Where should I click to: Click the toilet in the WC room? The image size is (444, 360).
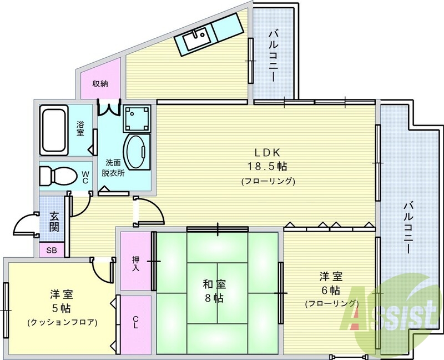tap(58, 176)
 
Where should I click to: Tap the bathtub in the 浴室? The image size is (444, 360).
tap(54, 130)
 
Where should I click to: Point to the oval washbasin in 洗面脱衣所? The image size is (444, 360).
tap(137, 152)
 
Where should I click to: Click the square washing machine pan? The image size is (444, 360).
tap(137, 118)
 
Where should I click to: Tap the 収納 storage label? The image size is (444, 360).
tap(100, 84)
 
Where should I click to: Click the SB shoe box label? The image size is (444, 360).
tap(52, 251)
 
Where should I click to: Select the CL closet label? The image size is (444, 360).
tap(135, 322)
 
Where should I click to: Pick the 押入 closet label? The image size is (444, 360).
tap(135, 264)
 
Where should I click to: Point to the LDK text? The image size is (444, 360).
tap(268, 153)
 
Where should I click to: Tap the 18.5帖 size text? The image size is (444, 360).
tap(268, 167)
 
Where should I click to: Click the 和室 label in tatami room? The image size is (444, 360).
tap(214, 284)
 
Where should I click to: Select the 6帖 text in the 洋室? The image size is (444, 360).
tap(331, 290)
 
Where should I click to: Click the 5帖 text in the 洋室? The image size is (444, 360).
tap(62, 308)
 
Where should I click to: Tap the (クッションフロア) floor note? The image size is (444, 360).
tap(62, 322)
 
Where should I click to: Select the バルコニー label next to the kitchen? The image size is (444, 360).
tap(273, 56)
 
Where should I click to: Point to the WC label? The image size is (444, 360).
tap(85, 177)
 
